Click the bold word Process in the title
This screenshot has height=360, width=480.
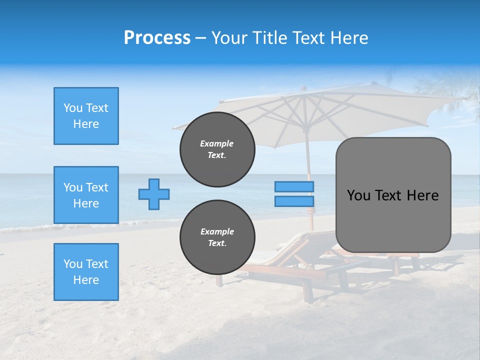[157, 38]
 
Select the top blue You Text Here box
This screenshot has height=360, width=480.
[86, 116]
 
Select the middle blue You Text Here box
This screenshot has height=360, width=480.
[86, 195]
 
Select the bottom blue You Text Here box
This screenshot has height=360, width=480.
[86, 272]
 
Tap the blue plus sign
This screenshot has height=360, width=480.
[154, 194]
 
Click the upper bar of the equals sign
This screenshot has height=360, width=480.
[294, 186]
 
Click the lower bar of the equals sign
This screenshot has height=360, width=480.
[294, 201]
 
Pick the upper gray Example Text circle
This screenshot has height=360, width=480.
[217, 149]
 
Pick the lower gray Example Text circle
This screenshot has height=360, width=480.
[217, 237]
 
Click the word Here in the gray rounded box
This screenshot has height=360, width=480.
[422, 195]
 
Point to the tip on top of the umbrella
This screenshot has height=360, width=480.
[303, 88]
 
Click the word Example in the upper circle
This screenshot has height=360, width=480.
[217, 143]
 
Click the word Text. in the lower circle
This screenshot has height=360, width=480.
[217, 243]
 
